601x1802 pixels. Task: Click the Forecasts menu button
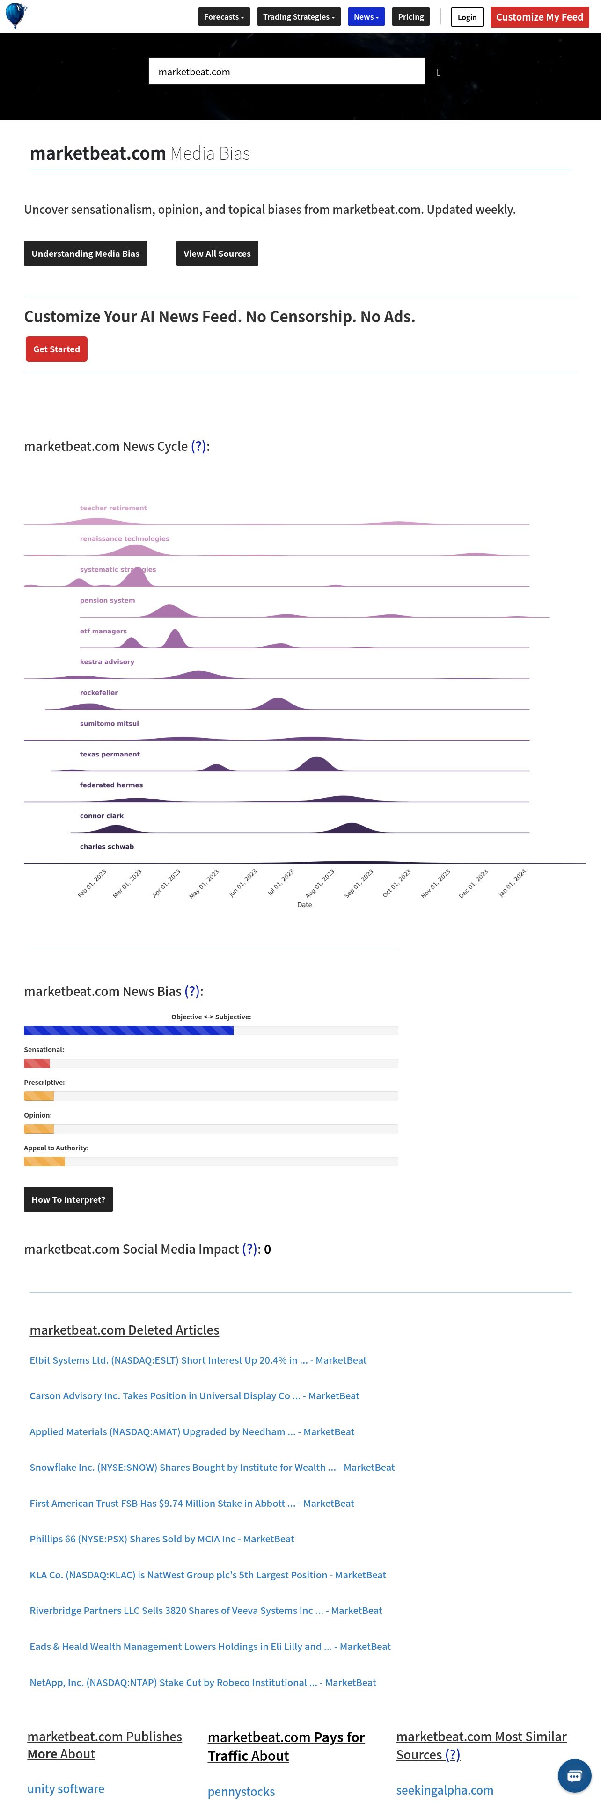(x=224, y=17)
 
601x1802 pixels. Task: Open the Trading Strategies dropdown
(x=299, y=17)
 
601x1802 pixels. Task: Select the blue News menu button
(x=366, y=17)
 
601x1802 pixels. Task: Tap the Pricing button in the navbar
(x=410, y=17)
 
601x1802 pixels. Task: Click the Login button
(x=467, y=17)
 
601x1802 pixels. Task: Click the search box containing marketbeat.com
(x=287, y=72)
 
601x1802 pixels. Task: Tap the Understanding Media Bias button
(x=85, y=253)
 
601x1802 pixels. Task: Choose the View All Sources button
(x=217, y=253)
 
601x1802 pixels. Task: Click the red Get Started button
(x=57, y=349)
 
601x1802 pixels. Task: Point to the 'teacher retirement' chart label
(x=113, y=508)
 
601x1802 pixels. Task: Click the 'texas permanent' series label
(x=110, y=754)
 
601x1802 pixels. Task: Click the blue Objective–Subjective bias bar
(x=129, y=1031)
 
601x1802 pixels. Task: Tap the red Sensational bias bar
(x=37, y=1063)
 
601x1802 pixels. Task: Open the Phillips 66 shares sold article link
(x=161, y=1539)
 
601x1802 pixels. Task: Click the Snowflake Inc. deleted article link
(x=212, y=1467)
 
